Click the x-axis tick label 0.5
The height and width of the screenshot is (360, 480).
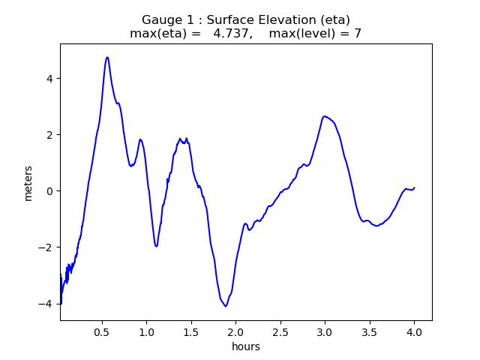tap(103, 331)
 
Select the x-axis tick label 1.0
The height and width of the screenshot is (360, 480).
tap(147, 331)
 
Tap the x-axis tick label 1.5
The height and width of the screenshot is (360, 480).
tap(191, 331)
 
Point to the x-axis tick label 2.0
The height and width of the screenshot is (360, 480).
tap(236, 331)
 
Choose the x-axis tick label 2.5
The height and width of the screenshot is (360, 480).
tap(280, 331)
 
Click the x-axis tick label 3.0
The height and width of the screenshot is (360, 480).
tap(325, 331)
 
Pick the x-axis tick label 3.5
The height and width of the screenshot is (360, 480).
tap(369, 331)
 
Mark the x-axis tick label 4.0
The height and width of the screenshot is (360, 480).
tap(414, 331)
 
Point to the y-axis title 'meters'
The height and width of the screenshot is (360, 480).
tap(28, 182)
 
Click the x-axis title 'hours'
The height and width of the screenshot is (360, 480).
tap(246, 346)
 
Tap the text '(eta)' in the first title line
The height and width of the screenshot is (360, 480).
tap(334, 20)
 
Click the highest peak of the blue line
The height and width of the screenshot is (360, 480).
tap(107, 57)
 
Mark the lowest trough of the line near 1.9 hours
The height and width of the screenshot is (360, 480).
tap(225, 306)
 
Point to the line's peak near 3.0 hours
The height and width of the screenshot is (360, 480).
tap(325, 116)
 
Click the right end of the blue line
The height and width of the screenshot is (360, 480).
tap(414, 187)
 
